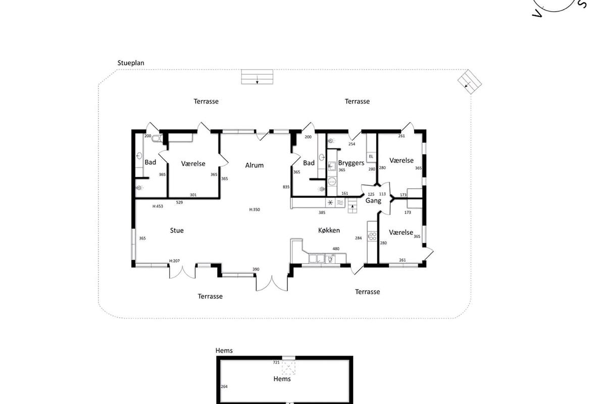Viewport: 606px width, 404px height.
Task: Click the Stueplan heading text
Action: (131, 63)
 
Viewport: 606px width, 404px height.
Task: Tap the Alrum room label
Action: (255, 165)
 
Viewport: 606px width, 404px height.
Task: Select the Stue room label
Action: (177, 230)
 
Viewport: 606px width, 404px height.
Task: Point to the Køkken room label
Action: (329, 230)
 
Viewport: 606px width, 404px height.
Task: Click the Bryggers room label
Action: (351, 163)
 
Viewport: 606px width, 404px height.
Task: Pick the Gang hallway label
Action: (373, 201)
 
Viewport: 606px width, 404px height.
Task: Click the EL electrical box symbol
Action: (371, 157)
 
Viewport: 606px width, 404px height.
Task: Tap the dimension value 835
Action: (286, 187)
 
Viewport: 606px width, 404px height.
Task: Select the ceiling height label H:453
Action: (158, 206)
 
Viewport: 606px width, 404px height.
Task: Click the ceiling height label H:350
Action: (255, 210)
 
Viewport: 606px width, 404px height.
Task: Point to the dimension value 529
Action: (179, 202)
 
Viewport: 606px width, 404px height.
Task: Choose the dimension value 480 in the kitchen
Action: (336, 248)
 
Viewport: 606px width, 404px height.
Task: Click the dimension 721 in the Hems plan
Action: (276, 362)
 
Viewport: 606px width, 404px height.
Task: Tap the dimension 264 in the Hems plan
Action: (224, 386)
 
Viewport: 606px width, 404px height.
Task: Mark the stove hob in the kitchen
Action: (372, 236)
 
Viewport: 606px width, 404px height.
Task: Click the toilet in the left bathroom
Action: (157, 138)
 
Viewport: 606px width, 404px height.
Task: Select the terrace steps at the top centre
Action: (257, 77)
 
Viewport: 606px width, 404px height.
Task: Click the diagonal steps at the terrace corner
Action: (469, 82)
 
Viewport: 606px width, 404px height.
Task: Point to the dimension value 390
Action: (256, 269)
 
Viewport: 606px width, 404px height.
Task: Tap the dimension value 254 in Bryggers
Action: (351, 144)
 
